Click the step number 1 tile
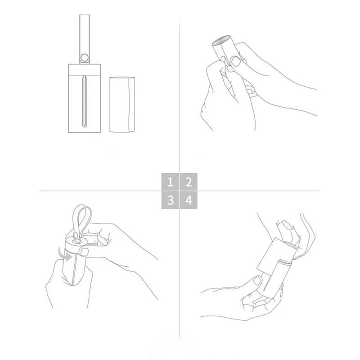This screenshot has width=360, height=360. pos(170,182)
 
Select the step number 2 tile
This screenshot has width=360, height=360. pos(189,182)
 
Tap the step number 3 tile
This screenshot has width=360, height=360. pos(170,200)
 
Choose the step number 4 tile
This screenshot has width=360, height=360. pos(189,200)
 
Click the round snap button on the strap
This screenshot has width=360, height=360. pos(85,58)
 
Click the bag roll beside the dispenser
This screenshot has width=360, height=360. pos(122,105)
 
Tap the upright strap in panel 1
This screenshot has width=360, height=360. pos(85,39)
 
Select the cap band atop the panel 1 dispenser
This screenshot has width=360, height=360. pos(85,69)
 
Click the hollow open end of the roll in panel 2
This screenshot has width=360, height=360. pos(221,40)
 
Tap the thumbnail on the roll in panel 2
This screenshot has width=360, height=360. pos(235,61)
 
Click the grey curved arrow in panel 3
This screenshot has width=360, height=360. pos(64,254)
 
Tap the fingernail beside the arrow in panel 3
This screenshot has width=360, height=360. pos(84,252)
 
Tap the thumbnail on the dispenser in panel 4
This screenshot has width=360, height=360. pos(257,280)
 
